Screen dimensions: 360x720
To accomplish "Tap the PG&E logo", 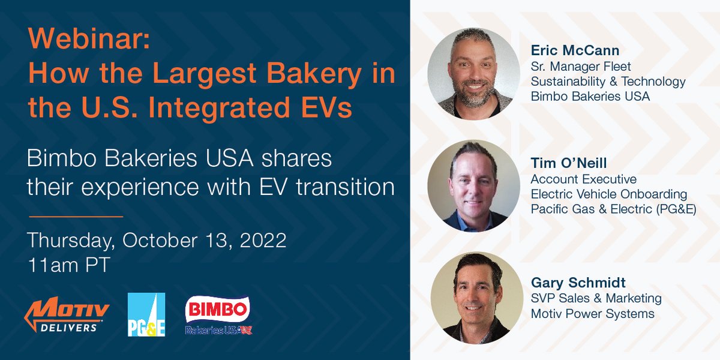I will [146, 315].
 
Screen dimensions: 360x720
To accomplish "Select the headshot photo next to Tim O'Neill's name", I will [473, 185].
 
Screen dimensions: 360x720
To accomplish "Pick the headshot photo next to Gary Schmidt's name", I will [473, 298].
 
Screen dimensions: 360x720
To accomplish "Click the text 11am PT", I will [68, 266].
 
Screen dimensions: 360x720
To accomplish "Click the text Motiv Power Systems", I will [592, 314].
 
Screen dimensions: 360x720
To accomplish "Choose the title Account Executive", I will [584, 179].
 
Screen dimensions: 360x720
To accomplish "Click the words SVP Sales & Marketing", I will [596, 298].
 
